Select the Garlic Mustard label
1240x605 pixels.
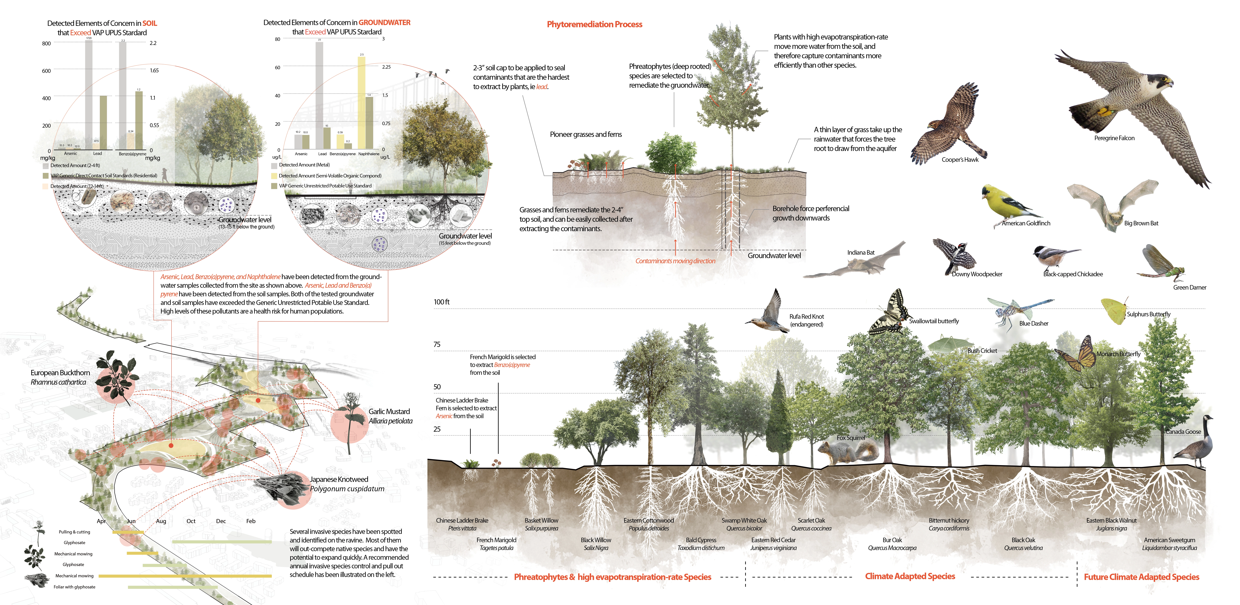[x=389, y=412]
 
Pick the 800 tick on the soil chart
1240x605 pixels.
[x=46, y=43]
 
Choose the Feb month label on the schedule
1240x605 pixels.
[x=251, y=521]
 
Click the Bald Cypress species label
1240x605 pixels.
[x=701, y=540]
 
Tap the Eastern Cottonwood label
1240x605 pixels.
[x=648, y=520]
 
